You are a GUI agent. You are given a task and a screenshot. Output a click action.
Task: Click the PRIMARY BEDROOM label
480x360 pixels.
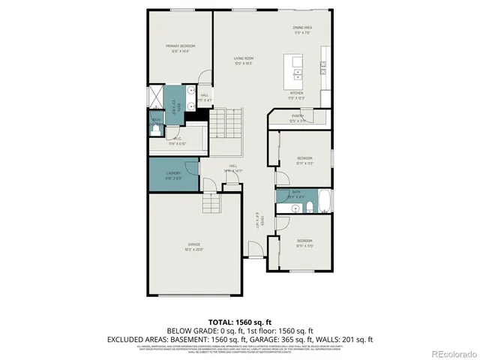179,46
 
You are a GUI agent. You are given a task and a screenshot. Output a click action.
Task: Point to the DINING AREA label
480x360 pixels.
301,28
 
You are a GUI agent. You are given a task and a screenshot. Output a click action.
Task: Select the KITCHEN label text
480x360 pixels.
297,94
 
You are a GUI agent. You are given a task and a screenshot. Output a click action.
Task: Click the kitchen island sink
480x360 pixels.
298,73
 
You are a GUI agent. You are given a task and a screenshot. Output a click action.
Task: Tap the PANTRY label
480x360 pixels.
297,115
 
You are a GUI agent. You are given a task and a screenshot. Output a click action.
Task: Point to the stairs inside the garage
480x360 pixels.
211,202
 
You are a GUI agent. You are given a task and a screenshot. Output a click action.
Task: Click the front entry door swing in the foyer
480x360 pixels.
256,253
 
